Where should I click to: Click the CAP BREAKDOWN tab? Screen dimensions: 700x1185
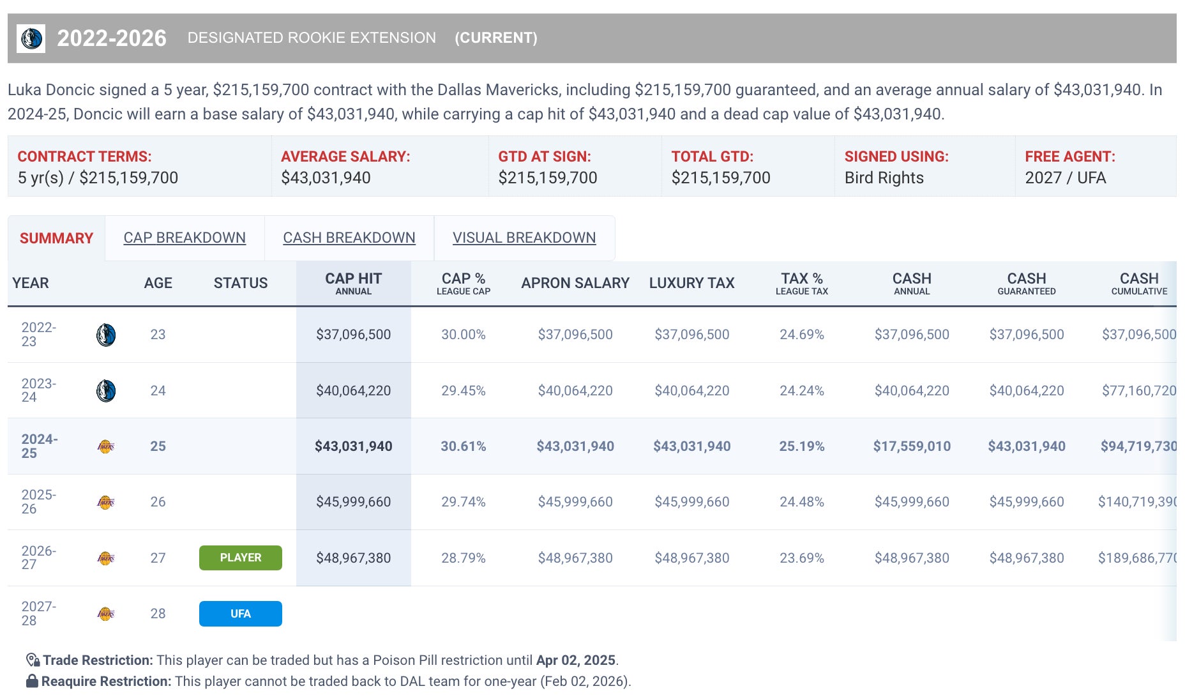185,238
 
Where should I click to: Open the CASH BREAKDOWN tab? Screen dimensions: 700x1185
349,238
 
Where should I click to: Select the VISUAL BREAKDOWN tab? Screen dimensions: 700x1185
524,238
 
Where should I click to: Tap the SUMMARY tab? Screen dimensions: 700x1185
56,238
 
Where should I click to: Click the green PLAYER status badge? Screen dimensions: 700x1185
240,558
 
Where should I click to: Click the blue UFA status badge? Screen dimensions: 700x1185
240,614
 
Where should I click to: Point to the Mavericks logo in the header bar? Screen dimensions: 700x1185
31,38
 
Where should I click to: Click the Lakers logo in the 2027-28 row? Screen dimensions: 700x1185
106,614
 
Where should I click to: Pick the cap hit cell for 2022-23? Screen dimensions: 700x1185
353,335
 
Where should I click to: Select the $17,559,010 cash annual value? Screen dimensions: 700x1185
912,446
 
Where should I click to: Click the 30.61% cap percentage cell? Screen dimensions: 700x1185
463,446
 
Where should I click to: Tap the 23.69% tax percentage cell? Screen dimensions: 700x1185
801,558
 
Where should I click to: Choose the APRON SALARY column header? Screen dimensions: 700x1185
575,283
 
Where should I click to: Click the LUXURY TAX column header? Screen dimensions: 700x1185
691,283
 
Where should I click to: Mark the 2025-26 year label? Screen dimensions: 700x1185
39,502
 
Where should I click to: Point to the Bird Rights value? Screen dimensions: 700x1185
884,178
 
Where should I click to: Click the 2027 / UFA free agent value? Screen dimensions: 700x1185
1065,178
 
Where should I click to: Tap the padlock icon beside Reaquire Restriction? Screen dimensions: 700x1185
32,681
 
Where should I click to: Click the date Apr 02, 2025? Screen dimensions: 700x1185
575,660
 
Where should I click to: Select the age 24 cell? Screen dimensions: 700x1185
158,391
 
